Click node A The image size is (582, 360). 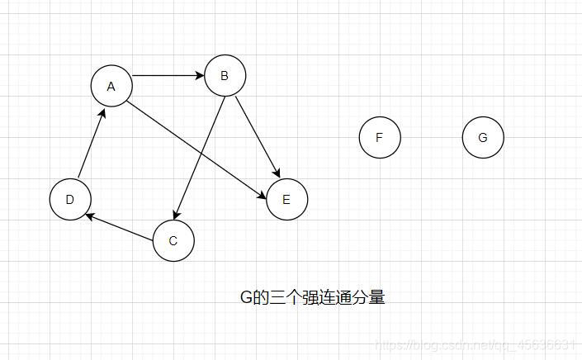point(111,86)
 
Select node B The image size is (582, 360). point(225,76)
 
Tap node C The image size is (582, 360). point(173,241)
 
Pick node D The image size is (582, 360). point(70,199)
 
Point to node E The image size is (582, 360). point(286,199)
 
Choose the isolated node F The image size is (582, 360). point(380,137)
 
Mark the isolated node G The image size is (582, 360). point(483,137)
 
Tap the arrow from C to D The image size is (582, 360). point(121,227)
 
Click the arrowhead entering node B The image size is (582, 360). point(199,76)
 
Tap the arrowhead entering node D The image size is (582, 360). point(90,216)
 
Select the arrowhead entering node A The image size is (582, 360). point(102,113)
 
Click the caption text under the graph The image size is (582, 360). point(312,297)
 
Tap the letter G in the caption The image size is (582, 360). point(245,297)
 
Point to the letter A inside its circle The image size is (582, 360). point(111,86)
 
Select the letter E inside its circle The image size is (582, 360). point(286,199)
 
